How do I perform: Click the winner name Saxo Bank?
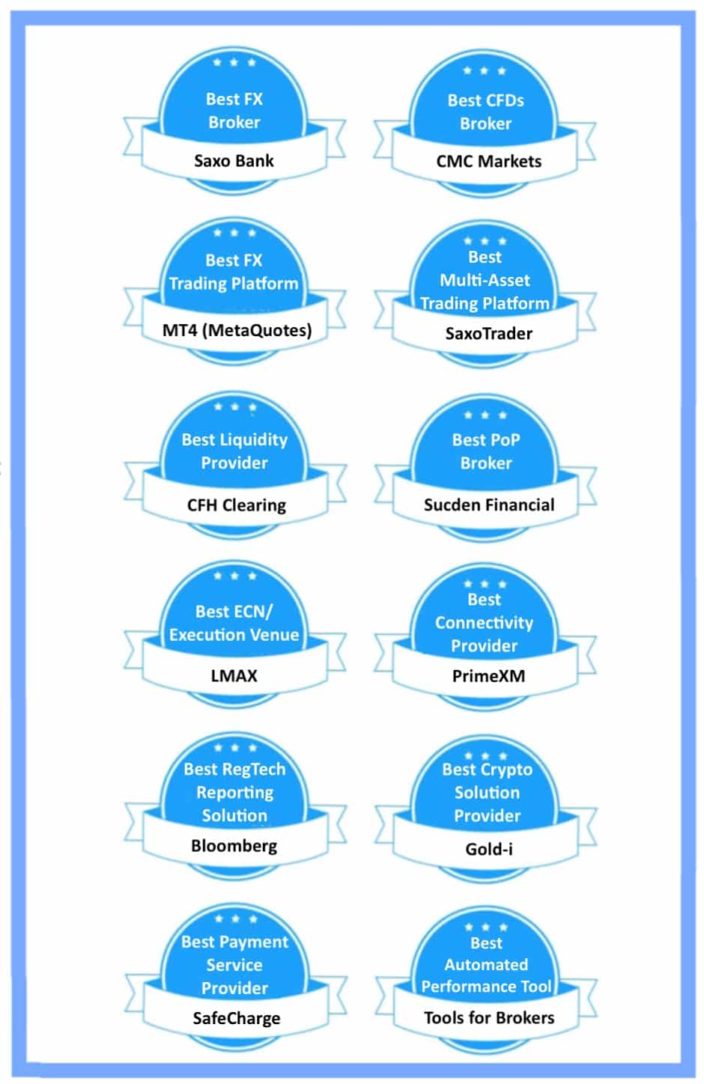(x=234, y=160)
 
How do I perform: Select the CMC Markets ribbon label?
(x=488, y=161)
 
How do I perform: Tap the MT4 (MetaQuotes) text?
(x=237, y=329)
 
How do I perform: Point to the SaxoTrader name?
(x=488, y=333)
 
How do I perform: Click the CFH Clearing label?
(x=236, y=505)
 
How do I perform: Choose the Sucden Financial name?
(x=488, y=505)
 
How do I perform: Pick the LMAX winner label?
(x=234, y=675)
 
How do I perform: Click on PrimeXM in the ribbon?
(x=488, y=676)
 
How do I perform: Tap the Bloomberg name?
(x=234, y=846)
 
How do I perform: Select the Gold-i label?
(x=488, y=849)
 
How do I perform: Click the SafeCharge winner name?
(x=236, y=1018)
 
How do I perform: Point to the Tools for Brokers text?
(x=488, y=1017)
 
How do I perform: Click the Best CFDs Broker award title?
(x=485, y=112)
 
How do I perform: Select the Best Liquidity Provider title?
(x=234, y=451)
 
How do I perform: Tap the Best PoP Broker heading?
(x=485, y=451)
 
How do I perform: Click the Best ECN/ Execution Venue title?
(x=234, y=623)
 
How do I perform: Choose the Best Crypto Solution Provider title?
(x=487, y=792)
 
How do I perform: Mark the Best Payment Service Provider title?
(x=234, y=964)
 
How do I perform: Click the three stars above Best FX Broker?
(x=234, y=62)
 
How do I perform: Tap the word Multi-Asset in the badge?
(x=485, y=280)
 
